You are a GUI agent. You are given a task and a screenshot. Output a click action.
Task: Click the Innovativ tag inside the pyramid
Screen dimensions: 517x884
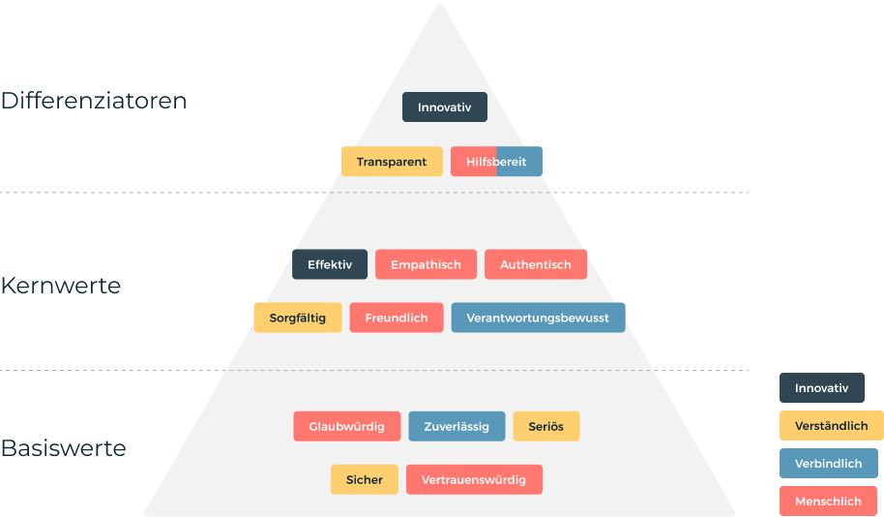(444, 107)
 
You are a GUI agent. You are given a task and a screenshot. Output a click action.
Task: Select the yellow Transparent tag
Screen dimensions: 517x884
(391, 162)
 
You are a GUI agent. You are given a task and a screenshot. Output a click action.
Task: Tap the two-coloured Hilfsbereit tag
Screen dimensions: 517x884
(496, 162)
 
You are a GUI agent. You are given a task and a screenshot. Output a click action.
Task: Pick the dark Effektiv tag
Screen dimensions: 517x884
(330, 264)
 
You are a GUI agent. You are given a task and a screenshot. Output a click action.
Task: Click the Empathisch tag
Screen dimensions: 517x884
(426, 264)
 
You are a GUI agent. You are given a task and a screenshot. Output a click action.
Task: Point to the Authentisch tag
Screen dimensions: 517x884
(535, 264)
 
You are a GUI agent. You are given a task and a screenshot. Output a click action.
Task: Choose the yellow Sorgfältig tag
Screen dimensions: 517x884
(297, 318)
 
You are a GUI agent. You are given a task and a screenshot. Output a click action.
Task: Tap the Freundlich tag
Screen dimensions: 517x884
(397, 318)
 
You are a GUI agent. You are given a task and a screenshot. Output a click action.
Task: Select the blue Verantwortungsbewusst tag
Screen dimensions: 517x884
(538, 318)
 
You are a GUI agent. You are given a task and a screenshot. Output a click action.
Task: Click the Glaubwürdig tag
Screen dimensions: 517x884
(346, 426)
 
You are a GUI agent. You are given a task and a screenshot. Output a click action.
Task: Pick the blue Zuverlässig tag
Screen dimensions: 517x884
(457, 426)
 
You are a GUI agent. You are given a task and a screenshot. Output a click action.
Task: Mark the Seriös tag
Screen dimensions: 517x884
(545, 426)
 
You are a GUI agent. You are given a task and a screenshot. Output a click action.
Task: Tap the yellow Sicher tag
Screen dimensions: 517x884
(364, 479)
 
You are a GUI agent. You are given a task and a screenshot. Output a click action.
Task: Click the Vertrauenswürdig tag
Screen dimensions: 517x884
(474, 479)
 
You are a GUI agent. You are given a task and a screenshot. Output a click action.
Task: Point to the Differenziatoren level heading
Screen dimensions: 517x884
(94, 101)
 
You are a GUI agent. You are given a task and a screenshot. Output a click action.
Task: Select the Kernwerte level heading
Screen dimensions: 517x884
(61, 287)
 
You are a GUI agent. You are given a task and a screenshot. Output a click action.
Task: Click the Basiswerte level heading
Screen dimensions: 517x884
(63, 448)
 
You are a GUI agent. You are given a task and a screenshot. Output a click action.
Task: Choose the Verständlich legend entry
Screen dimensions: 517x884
(831, 426)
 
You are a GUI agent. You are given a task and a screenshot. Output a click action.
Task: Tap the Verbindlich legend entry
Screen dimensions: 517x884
(828, 464)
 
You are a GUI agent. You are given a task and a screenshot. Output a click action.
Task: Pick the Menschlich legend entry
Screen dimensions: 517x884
(828, 502)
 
